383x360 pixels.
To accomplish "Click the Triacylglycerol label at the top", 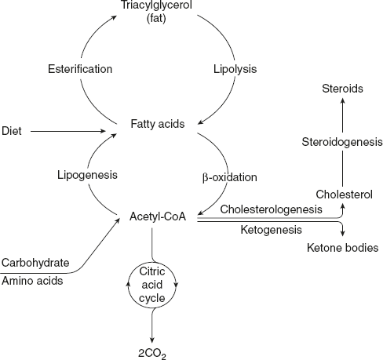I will [x=156, y=6].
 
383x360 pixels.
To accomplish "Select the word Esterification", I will [x=78, y=68].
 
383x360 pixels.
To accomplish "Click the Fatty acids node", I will [x=160, y=124].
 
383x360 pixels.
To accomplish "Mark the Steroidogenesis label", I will [x=343, y=142].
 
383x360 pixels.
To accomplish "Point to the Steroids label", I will [x=343, y=89].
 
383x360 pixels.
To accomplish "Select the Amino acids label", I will [x=31, y=281].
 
